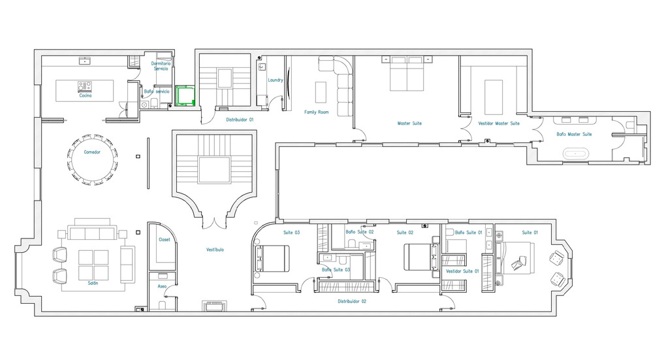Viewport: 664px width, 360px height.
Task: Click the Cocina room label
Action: [86, 95]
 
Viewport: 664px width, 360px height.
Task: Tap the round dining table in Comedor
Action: [92, 160]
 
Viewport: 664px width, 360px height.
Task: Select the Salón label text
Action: [93, 284]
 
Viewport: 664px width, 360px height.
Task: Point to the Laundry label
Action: [276, 80]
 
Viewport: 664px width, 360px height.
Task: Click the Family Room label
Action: [317, 112]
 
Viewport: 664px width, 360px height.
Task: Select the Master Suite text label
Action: [409, 123]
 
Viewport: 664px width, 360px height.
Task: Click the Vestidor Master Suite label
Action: [499, 123]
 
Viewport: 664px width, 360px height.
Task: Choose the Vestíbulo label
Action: [215, 250]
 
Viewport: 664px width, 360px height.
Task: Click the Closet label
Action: [165, 240]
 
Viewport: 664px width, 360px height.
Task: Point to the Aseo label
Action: [162, 287]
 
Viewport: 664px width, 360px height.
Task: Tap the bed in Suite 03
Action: [274, 257]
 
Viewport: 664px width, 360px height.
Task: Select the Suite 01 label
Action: [530, 233]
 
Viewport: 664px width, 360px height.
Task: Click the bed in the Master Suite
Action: [407, 74]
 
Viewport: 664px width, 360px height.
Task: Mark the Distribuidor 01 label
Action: [240, 120]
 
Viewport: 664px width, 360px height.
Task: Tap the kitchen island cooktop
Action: [86, 85]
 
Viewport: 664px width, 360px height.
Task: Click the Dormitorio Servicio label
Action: [161, 66]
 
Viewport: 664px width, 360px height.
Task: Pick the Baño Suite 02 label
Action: [360, 232]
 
